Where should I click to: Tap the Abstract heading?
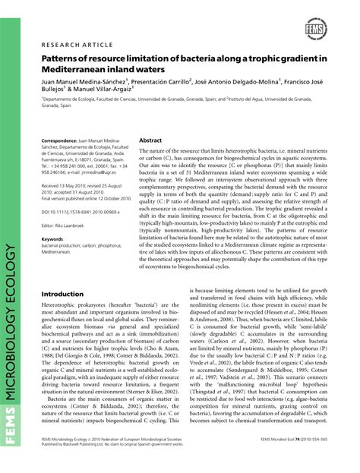[x=150, y=140]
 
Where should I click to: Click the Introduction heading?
[x=62, y=273]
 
